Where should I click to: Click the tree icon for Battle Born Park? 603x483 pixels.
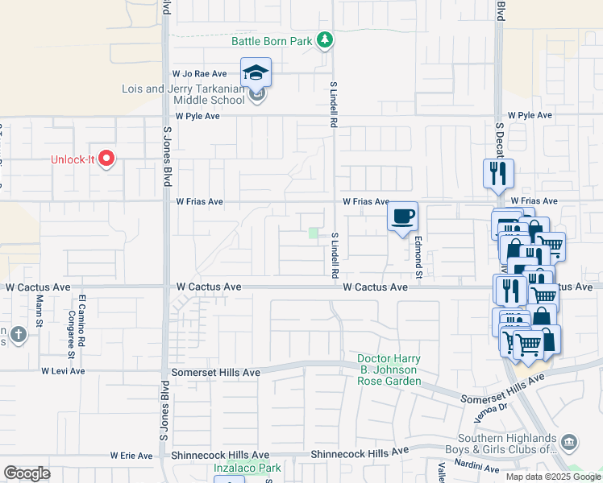[324, 39]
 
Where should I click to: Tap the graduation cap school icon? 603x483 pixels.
[256, 72]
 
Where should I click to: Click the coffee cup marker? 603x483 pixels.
[402, 216]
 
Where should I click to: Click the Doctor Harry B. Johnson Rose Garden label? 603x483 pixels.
[390, 369]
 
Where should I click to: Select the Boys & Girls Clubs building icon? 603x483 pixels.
[569, 442]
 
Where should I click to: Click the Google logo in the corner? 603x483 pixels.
[27, 473]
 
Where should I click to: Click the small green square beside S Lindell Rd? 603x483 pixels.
[313, 233]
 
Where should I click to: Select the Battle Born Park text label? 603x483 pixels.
[272, 40]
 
